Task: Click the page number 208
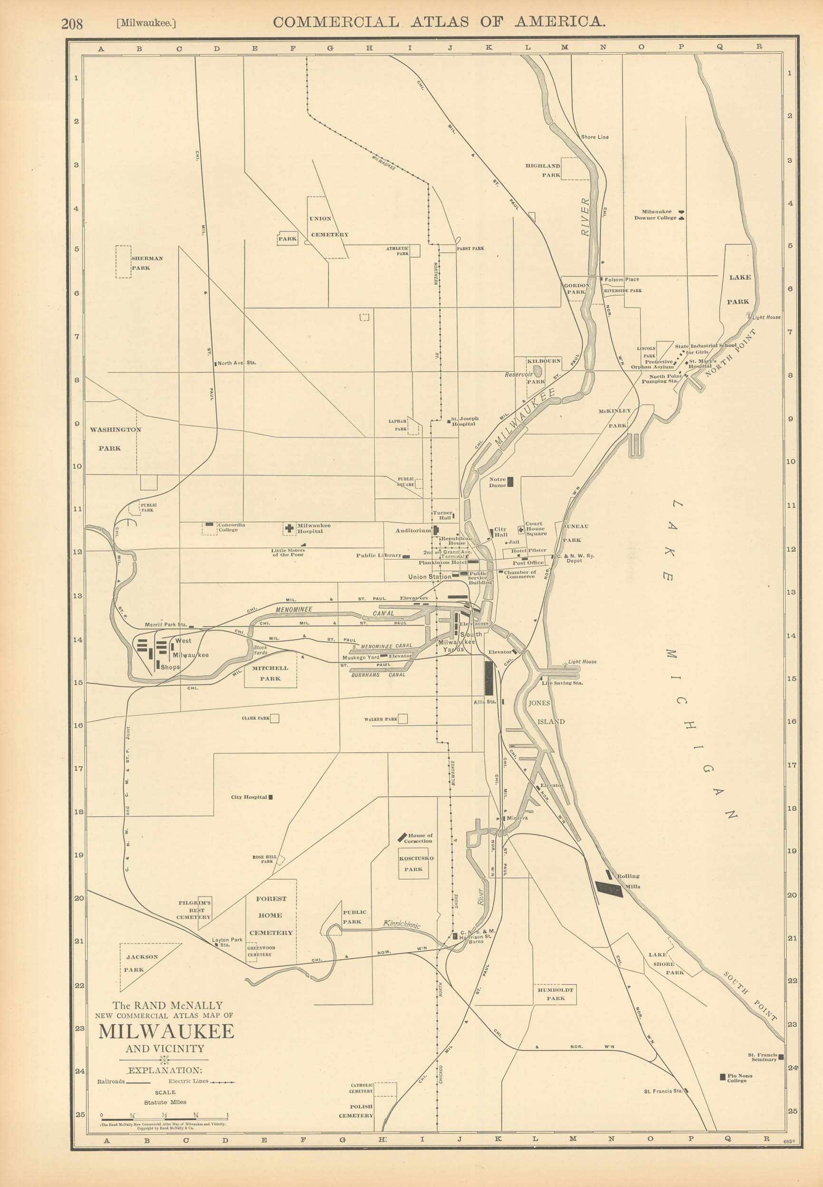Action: tap(72, 24)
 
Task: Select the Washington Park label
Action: tap(115, 438)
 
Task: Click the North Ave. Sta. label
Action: tap(236, 363)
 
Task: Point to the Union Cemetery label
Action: tap(328, 226)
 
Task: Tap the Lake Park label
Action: tap(739, 289)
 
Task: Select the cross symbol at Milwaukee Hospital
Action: tap(289, 528)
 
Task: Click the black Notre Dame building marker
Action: tap(510, 482)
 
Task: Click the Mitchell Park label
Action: tap(270, 673)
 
